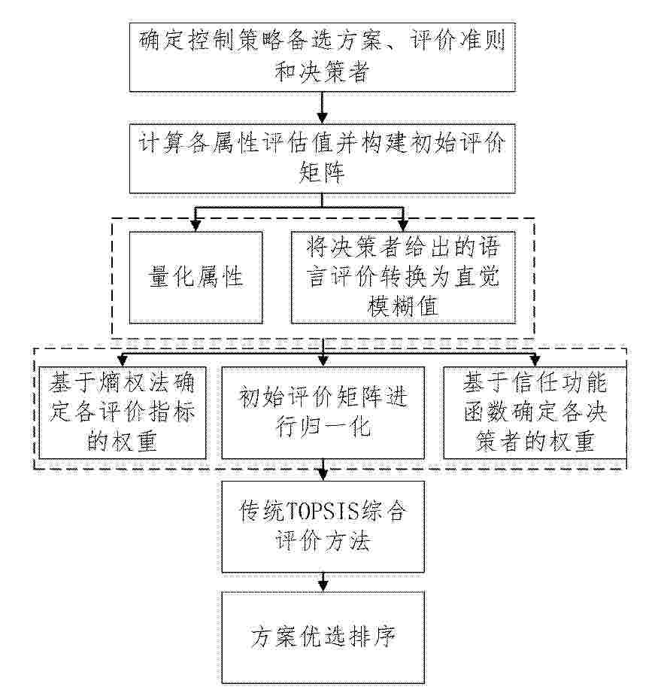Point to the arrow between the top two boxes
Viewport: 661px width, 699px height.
point(322,108)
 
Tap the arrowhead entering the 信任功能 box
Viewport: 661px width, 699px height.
point(535,361)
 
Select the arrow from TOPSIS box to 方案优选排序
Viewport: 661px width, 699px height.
point(323,582)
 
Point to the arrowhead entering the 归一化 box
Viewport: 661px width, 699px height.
point(323,361)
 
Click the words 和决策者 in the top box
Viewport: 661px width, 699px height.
point(322,72)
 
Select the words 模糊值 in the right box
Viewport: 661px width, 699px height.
point(403,306)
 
